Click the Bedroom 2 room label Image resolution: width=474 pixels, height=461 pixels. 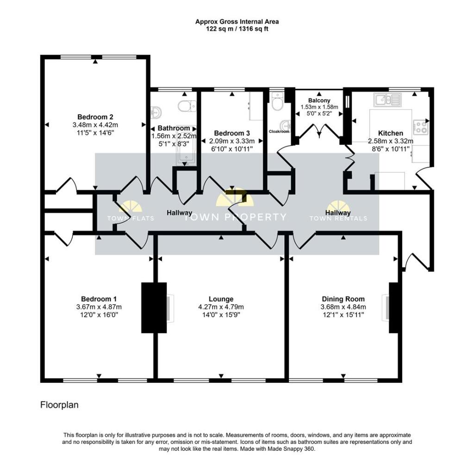pyautogui.click(x=95, y=117)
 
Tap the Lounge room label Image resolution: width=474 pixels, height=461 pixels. pyautogui.click(x=221, y=299)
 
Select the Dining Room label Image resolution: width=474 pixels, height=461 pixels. pyautogui.click(x=343, y=299)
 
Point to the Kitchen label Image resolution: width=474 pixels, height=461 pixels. pyautogui.click(x=390, y=133)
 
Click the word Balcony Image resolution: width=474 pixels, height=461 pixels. pyautogui.click(x=319, y=100)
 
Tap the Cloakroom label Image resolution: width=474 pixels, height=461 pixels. pyautogui.click(x=279, y=131)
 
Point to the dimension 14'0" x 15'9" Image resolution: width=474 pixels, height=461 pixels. pyautogui.click(x=221, y=315)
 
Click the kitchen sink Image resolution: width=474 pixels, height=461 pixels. pyautogui.click(x=387, y=98)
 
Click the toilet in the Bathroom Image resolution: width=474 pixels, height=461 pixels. pyautogui.click(x=186, y=106)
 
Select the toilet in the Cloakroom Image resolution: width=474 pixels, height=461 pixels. pyautogui.click(x=278, y=104)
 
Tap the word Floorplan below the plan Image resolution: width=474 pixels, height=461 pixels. pyautogui.click(x=59, y=405)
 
